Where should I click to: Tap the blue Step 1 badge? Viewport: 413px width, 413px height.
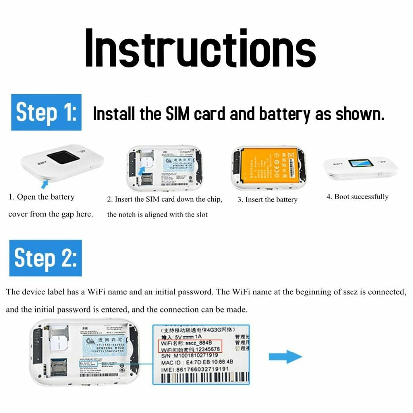coord(46,112)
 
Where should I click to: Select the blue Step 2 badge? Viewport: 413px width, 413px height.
coord(45,258)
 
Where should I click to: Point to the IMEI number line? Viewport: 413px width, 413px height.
coord(194,369)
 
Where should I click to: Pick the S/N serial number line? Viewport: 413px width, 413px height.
coord(190,356)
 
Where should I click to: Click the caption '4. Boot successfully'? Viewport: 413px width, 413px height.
coord(357,197)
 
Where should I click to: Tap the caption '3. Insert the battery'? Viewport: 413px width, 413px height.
coord(267,199)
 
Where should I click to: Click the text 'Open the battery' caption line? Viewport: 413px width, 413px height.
coord(41,197)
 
